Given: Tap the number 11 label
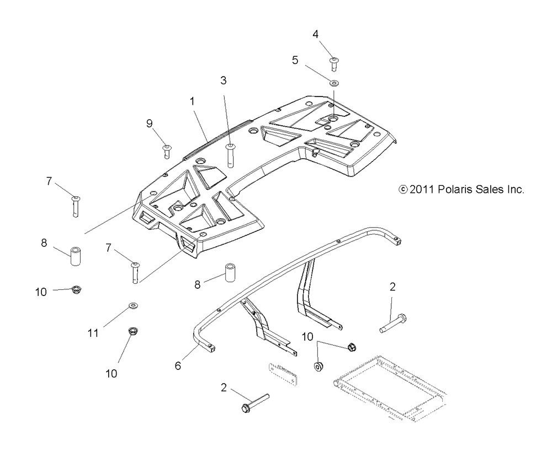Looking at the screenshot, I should pyautogui.click(x=93, y=332).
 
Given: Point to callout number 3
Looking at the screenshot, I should pyautogui.click(x=224, y=80).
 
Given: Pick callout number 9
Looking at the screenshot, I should pyautogui.click(x=149, y=124).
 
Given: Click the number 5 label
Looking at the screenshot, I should pyautogui.click(x=295, y=60).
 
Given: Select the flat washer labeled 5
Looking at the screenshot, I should pyautogui.click(x=334, y=84).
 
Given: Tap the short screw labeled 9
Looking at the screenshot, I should pyautogui.click(x=166, y=150).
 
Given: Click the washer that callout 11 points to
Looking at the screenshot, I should pyautogui.click(x=134, y=305).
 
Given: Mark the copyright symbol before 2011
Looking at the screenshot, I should pyautogui.click(x=403, y=190).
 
